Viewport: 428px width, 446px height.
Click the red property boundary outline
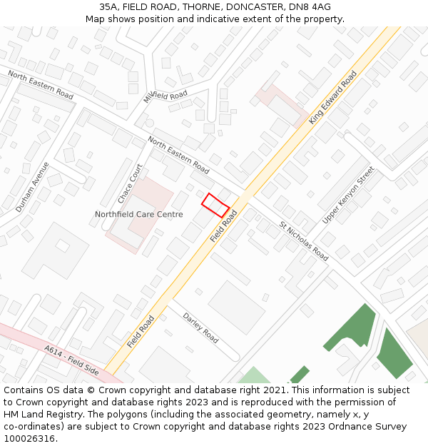215,205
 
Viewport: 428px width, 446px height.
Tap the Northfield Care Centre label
139,214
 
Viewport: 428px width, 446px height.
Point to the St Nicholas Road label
304,241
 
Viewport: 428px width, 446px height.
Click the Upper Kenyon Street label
348,195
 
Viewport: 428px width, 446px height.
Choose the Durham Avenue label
33,187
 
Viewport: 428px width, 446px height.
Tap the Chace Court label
131,183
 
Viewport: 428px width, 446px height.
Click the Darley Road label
200,328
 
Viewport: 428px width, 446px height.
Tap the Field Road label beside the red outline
224,226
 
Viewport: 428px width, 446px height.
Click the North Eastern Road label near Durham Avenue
41,85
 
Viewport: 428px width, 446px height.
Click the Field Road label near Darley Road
141,332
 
